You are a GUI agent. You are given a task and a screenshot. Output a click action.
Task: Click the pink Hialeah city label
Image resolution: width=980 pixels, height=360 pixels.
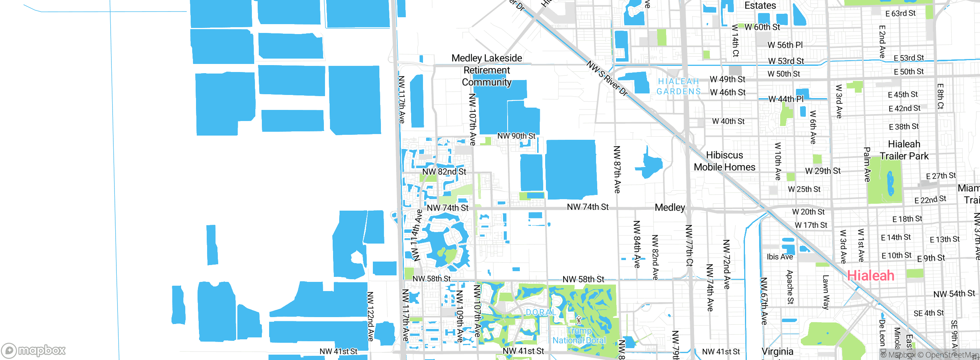click(871, 275)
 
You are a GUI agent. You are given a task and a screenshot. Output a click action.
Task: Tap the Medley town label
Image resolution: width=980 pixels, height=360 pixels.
click(670, 208)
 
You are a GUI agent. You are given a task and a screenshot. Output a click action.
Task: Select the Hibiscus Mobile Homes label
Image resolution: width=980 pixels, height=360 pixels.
click(724, 161)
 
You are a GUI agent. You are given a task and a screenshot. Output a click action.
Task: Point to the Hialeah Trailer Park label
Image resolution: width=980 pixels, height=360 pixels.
click(904, 150)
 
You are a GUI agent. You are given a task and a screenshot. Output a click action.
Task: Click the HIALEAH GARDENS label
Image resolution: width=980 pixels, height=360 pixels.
click(678, 87)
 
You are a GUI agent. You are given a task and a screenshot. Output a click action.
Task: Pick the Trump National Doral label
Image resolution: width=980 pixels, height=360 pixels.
click(579, 335)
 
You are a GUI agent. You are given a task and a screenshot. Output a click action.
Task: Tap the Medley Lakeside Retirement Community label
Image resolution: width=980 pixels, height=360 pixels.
click(487, 70)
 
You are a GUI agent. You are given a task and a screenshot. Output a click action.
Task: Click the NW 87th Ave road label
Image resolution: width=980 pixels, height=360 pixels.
click(617, 169)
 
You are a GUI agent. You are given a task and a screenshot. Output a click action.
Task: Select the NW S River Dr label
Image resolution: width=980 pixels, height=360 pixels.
click(607, 79)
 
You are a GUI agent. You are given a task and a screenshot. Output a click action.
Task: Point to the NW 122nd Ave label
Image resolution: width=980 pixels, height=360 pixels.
click(370, 316)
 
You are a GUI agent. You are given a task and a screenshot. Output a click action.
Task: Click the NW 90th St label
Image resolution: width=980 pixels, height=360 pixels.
click(516, 136)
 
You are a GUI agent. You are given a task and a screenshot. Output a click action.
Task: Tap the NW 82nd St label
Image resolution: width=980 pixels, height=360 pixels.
click(444, 172)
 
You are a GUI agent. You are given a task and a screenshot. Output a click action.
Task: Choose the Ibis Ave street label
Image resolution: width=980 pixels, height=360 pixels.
click(779, 257)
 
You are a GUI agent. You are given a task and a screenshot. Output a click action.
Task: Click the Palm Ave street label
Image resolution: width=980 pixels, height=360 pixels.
click(867, 164)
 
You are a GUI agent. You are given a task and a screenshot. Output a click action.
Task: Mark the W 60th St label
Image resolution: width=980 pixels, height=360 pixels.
click(762, 27)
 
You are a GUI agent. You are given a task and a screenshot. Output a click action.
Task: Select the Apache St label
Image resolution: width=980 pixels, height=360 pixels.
click(790, 287)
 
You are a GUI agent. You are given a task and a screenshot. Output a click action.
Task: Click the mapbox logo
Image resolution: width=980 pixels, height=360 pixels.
click(34, 350)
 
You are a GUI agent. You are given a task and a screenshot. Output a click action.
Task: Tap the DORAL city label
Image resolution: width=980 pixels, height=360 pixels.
click(540, 313)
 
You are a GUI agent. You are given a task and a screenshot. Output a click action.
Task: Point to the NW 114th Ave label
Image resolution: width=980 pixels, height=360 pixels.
click(416, 235)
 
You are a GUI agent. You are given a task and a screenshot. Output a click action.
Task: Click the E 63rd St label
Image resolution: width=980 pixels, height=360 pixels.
click(900, 13)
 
